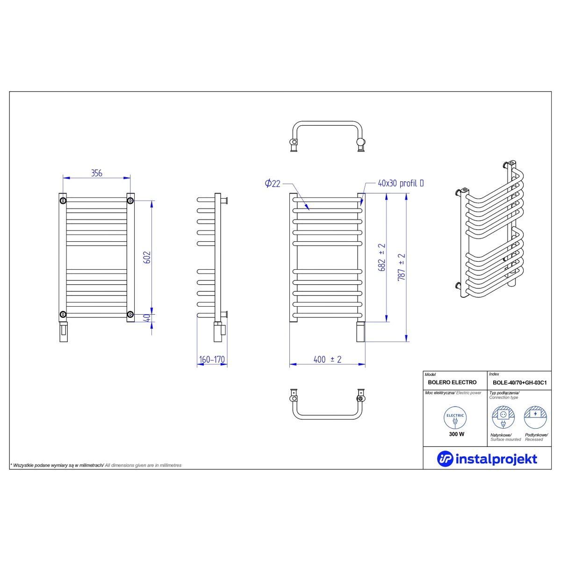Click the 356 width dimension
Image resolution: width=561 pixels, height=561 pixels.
click(97, 173)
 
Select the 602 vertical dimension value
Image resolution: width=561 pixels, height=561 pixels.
click(148, 257)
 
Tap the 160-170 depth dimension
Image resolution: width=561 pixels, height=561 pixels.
click(212, 360)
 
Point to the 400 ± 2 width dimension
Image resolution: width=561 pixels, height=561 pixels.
click(327, 360)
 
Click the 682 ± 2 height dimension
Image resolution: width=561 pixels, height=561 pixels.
click(381, 257)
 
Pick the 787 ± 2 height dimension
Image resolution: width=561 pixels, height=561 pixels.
click(402, 267)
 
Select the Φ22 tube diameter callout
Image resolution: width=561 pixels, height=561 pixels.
click(273, 183)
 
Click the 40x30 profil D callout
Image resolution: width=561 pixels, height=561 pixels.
click(401, 183)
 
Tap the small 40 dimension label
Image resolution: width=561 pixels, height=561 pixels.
click(148, 318)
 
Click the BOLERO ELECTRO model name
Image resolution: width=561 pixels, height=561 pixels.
click(452, 382)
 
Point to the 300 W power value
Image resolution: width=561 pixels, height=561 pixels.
click(456, 434)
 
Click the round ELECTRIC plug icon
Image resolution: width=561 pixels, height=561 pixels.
click(455, 418)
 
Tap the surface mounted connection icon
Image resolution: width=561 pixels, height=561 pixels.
click(503, 417)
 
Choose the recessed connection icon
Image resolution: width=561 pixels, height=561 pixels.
click(535, 417)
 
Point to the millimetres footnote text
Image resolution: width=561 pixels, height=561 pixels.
click(96, 465)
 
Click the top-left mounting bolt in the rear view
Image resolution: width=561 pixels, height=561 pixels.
click(63, 201)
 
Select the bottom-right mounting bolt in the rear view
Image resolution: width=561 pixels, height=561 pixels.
click(130, 314)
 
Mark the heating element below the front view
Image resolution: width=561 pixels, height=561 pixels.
click(361, 331)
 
